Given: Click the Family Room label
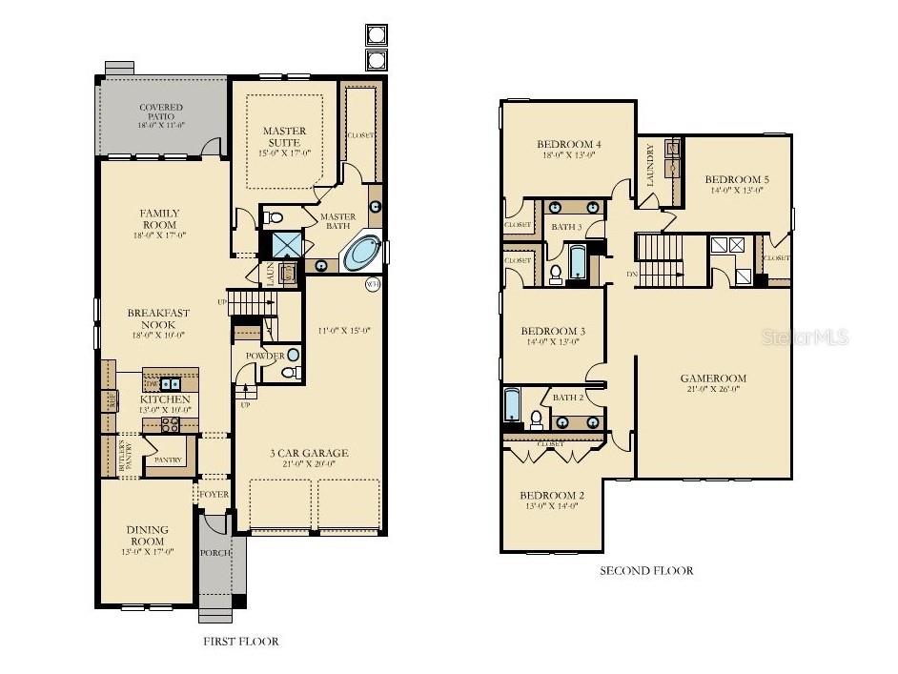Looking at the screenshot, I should click(160, 218).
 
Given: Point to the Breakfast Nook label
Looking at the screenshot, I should click(158, 318).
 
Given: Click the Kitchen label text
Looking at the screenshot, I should click(165, 398).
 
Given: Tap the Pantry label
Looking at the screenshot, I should click(168, 460).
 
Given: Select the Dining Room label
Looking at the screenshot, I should click(147, 536).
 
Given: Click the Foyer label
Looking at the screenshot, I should click(214, 495).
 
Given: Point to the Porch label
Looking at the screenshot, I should click(214, 553).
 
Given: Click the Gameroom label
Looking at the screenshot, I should click(713, 378).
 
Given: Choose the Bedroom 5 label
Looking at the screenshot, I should click(736, 179).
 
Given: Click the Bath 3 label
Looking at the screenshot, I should click(565, 226).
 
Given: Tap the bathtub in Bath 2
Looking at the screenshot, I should click(512, 404).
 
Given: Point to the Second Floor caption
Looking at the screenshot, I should click(645, 571).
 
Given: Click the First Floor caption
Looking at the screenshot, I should click(240, 642).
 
